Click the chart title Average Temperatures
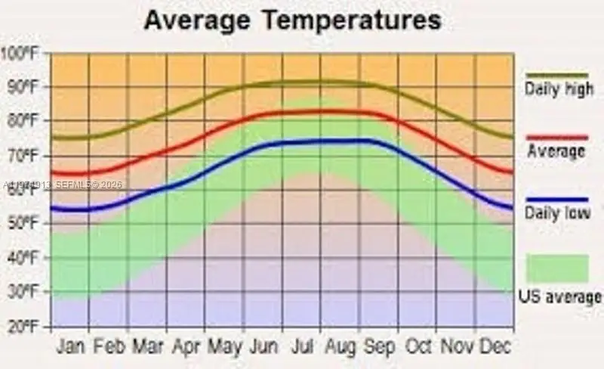(x=292, y=20)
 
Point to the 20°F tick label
(x=23, y=327)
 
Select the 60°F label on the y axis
(x=23, y=190)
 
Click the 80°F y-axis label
(x=23, y=121)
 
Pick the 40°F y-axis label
(x=23, y=258)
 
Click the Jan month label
(x=71, y=347)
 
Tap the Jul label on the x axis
(x=302, y=347)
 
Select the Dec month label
(x=495, y=347)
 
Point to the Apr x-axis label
(x=186, y=347)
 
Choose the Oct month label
(x=418, y=347)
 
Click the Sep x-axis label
(x=379, y=347)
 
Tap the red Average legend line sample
(x=557, y=138)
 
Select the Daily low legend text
(x=558, y=213)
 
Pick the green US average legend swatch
(x=557, y=268)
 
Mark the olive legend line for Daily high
(x=557, y=75)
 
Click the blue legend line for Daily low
(x=557, y=200)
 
